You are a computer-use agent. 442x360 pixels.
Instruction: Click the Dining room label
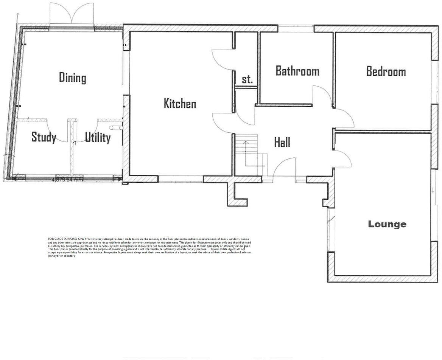pyautogui.click(x=72, y=78)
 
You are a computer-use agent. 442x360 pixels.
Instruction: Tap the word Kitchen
pyautogui.click(x=180, y=103)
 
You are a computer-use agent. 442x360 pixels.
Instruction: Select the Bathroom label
pyautogui.click(x=297, y=71)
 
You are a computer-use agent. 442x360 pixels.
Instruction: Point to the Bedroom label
pyautogui.click(x=386, y=71)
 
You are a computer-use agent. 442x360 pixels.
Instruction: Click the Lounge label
pyautogui.click(x=387, y=224)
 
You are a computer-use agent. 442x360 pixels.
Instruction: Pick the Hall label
pyautogui.click(x=282, y=143)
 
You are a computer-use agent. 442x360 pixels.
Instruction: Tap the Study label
pyautogui.click(x=44, y=137)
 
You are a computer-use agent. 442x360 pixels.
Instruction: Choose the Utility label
pyautogui.click(x=97, y=137)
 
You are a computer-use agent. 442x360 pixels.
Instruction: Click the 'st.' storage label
pyautogui.click(x=247, y=79)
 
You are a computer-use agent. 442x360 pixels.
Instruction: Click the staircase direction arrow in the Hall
pyautogui.click(x=246, y=143)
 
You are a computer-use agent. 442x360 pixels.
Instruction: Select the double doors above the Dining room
pyautogui.click(x=72, y=14)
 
